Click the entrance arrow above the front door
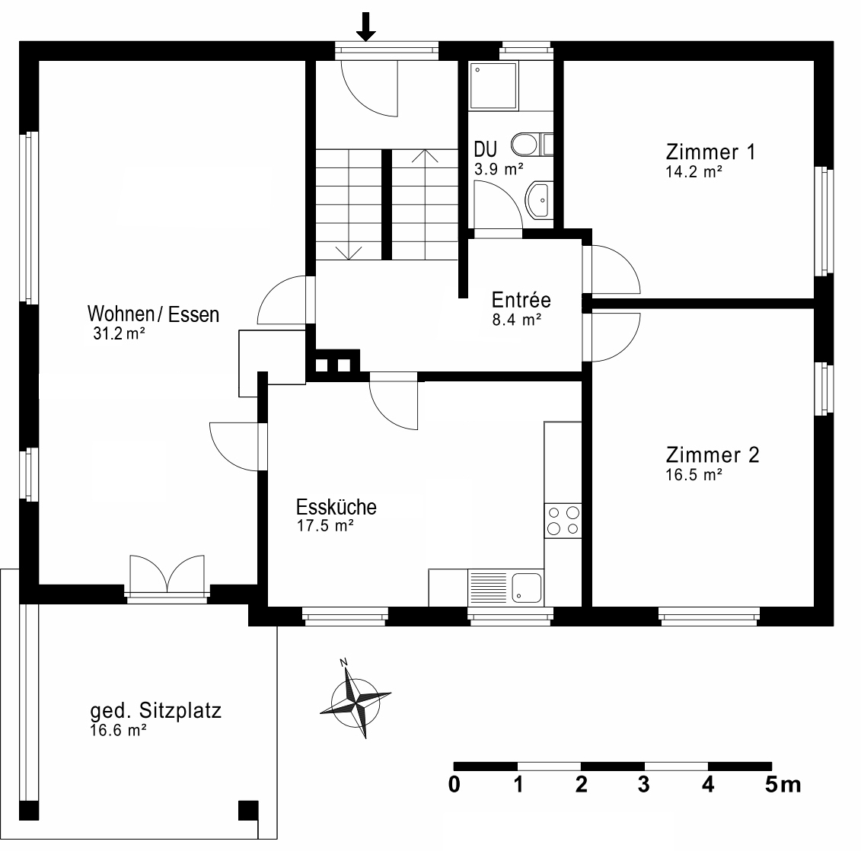tap(366, 26)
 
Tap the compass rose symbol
tap(355, 697)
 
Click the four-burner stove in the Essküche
tap(563, 521)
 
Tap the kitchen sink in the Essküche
tap(526, 587)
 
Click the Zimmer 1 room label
tap(710, 151)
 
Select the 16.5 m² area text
tap(694, 475)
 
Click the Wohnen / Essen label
tap(153, 314)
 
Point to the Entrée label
tap(521, 299)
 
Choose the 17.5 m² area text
tap(325, 525)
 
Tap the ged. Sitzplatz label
tap(155, 712)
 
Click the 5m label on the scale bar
tap(783, 785)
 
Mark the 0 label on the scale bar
tap(454, 785)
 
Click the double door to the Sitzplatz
tap(167, 575)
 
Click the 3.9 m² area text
tap(499, 169)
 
